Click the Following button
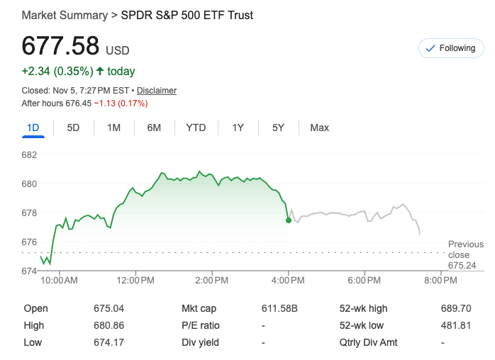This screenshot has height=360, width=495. tap(450, 48)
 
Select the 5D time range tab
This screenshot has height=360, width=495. tap(73, 128)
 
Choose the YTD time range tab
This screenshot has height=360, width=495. tap(196, 128)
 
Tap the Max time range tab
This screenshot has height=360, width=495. tap(319, 128)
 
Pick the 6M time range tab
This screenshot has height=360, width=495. tap(154, 128)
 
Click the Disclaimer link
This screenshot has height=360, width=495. tap(157, 91)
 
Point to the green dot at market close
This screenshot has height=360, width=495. tap(289, 220)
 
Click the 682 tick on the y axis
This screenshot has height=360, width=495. tap(30, 154)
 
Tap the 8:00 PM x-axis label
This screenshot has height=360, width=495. tap(440, 281)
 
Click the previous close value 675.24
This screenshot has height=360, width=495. tap(462, 265)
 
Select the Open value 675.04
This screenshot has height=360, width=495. tap(109, 308)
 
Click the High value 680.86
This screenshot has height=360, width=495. tap(109, 325)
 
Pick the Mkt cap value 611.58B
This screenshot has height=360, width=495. tap(280, 308)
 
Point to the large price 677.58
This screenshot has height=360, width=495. tap(60, 46)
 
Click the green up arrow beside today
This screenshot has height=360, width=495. tap(100, 71)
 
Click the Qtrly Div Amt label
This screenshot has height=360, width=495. tap(369, 342)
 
